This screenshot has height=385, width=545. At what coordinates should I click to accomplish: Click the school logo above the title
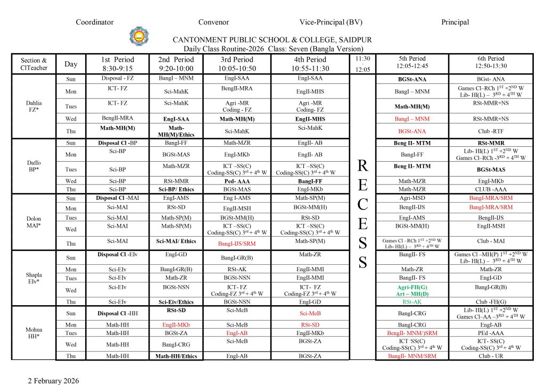click(139, 36)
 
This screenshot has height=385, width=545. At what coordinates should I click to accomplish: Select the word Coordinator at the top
click(95, 22)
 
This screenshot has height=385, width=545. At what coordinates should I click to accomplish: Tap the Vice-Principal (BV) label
click(331, 22)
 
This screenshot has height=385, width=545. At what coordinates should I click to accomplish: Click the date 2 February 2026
click(53, 381)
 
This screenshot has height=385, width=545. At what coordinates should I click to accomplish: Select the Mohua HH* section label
click(34, 333)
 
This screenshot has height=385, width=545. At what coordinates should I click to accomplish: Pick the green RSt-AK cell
click(412, 302)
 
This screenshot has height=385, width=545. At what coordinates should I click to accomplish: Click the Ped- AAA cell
click(237, 181)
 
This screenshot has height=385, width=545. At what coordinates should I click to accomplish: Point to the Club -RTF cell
click(490, 131)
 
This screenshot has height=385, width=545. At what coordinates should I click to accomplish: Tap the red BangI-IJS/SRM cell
click(237, 244)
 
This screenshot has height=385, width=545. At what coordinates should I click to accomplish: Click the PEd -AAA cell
click(490, 333)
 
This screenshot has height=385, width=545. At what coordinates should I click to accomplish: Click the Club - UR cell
click(490, 356)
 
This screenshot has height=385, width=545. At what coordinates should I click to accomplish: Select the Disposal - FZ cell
click(117, 79)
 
